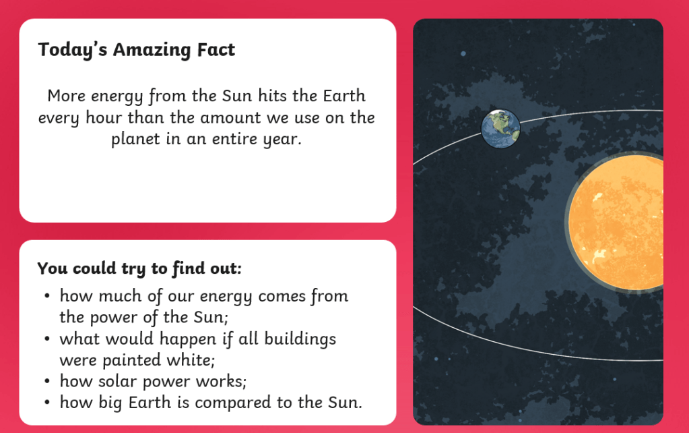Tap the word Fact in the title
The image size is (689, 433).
(x=216, y=49)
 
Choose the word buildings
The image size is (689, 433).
(x=300, y=340)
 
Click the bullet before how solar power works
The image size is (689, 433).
(x=47, y=381)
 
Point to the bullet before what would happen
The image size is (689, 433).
(x=47, y=339)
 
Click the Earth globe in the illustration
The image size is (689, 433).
(x=500, y=129)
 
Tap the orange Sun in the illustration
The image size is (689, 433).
(x=615, y=222)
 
